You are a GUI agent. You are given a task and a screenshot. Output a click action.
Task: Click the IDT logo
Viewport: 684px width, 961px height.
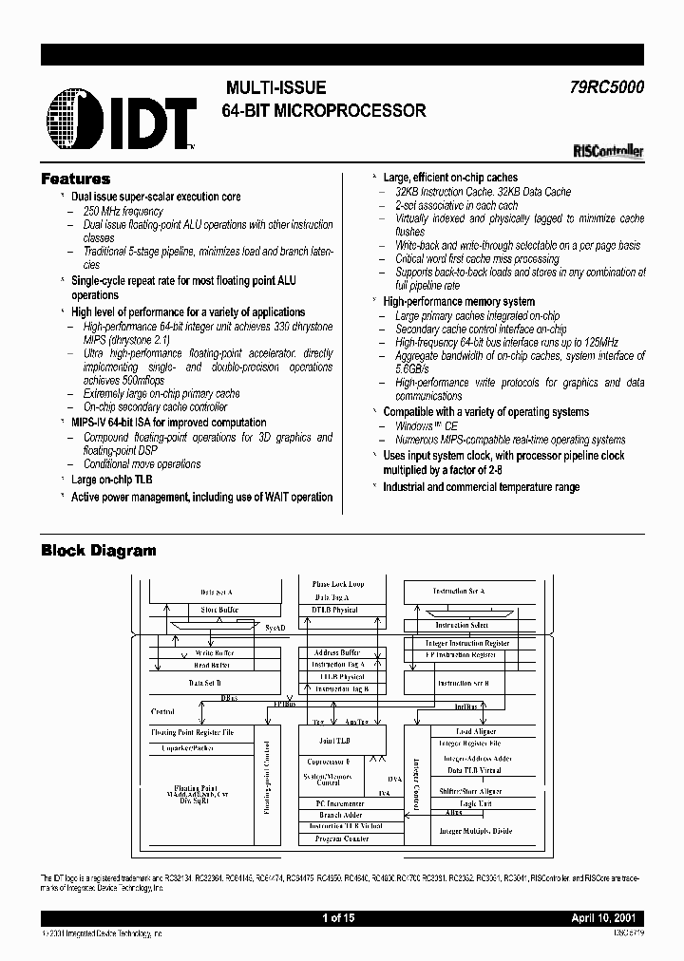[x=118, y=119]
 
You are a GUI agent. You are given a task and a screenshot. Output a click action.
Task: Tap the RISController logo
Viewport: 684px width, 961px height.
[x=609, y=149]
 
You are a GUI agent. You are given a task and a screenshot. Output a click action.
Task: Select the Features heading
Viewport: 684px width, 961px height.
[x=75, y=179]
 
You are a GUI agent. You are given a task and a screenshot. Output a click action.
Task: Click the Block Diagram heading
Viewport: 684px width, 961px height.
[x=98, y=551]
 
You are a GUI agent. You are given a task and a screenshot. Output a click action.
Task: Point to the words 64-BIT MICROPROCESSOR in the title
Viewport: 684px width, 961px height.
[x=323, y=110]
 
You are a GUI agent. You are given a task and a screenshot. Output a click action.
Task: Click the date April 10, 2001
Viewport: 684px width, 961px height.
[x=609, y=919]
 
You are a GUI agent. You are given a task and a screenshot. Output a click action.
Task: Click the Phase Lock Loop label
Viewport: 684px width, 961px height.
[x=338, y=584]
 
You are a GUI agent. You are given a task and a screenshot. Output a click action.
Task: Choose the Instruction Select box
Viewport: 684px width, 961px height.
[x=463, y=625]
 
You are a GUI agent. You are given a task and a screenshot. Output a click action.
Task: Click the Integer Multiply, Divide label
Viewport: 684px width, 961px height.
[x=475, y=831]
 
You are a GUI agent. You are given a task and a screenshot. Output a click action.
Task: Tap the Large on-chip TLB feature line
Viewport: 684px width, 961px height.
[x=111, y=480]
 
